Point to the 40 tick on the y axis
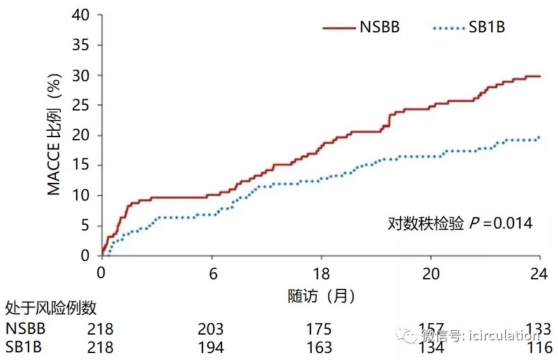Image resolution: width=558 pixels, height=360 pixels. coord(82,15)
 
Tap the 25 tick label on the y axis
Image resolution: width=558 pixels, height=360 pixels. coord(82,105)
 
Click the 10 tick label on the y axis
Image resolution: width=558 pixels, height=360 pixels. coord(82,196)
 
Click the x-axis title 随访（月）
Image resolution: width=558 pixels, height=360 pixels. coord(321,295)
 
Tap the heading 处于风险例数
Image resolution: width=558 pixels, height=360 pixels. coord(51,309)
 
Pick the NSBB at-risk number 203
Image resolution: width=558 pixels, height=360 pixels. coord(210,329)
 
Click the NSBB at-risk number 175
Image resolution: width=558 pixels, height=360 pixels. coord(319,329)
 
